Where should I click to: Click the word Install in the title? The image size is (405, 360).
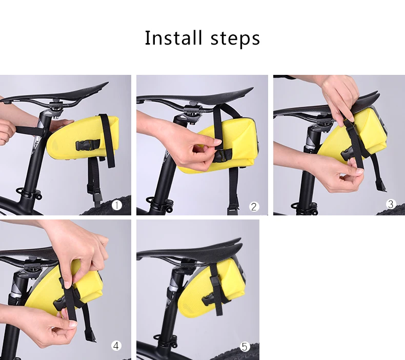[x=173, y=38]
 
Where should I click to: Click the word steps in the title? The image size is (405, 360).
[x=235, y=39]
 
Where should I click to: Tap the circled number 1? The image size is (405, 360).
[x=117, y=206]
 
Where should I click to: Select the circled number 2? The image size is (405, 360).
[x=254, y=207]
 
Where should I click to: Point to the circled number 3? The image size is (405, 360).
[x=391, y=204]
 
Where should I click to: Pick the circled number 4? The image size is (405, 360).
[x=116, y=346]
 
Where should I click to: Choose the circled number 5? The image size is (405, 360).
[x=245, y=347]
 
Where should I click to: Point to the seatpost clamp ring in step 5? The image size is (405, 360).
[x=165, y=341]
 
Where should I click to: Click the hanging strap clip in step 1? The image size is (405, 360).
[x=96, y=195]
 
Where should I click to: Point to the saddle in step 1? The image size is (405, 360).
[x=54, y=93]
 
